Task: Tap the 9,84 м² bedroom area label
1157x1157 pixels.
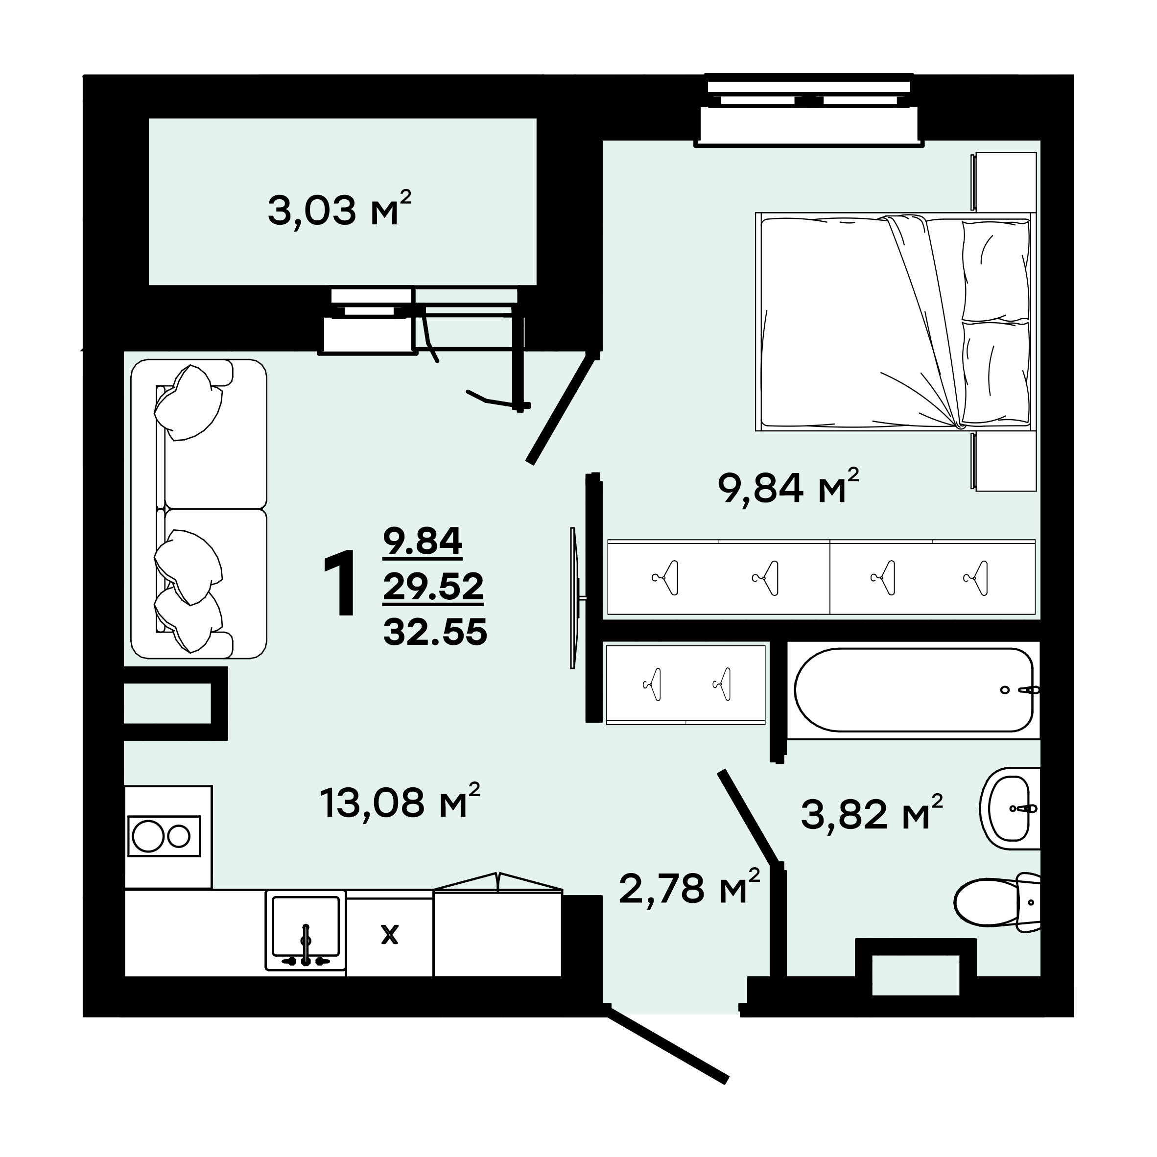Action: pyautogui.click(x=789, y=486)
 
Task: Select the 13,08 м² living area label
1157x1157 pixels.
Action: pyautogui.click(x=400, y=801)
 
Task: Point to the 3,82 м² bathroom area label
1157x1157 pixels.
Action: pyautogui.click(x=872, y=813)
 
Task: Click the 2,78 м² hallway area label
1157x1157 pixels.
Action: pyautogui.click(x=689, y=888)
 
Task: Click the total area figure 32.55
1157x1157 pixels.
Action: pyautogui.click(x=435, y=632)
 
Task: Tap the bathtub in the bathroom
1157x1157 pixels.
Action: pyautogui.click(x=914, y=690)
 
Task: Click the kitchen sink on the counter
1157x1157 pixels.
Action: pyautogui.click(x=306, y=931)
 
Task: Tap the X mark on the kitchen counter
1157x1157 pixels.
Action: pyautogui.click(x=390, y=934)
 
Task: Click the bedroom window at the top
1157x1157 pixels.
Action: pyautogui.click(x=809, y=111)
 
